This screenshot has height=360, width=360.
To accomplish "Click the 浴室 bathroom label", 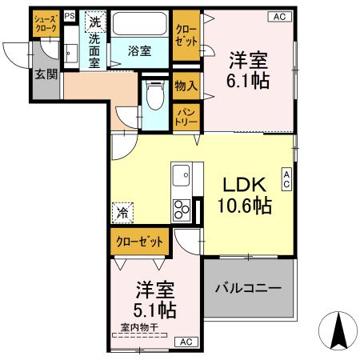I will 140,51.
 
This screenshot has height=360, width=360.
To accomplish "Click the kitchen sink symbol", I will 182,172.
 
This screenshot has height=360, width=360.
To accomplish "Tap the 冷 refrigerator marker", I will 122,213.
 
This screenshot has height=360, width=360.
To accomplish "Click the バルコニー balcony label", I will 247,288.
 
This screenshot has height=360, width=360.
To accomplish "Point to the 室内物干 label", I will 137,326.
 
